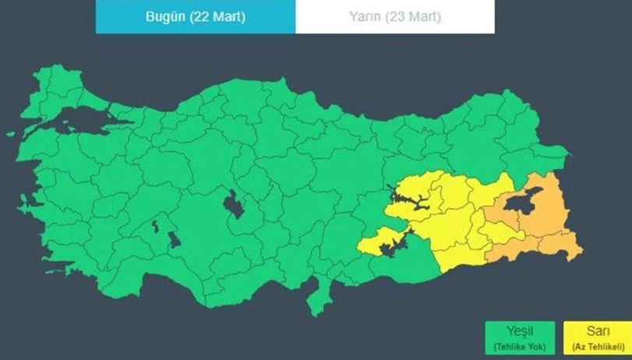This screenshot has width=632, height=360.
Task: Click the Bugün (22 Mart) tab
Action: coord(196,16)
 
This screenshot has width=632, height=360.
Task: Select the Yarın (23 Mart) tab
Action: coord(394,16)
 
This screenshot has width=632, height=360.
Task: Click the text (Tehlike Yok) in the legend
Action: coord(520,345)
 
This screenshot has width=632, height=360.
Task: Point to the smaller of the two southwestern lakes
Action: coord(155,227)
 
